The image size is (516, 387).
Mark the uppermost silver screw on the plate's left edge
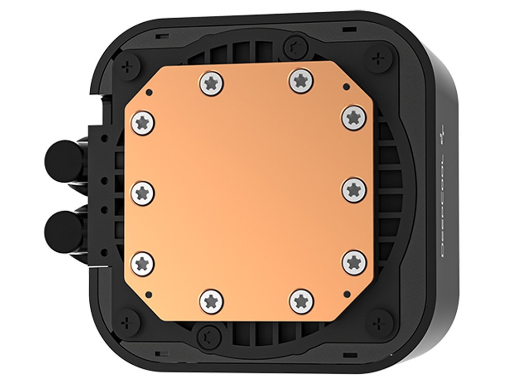(x=142, y=122)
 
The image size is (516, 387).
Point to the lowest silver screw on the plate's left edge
(x=142, y=263)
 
